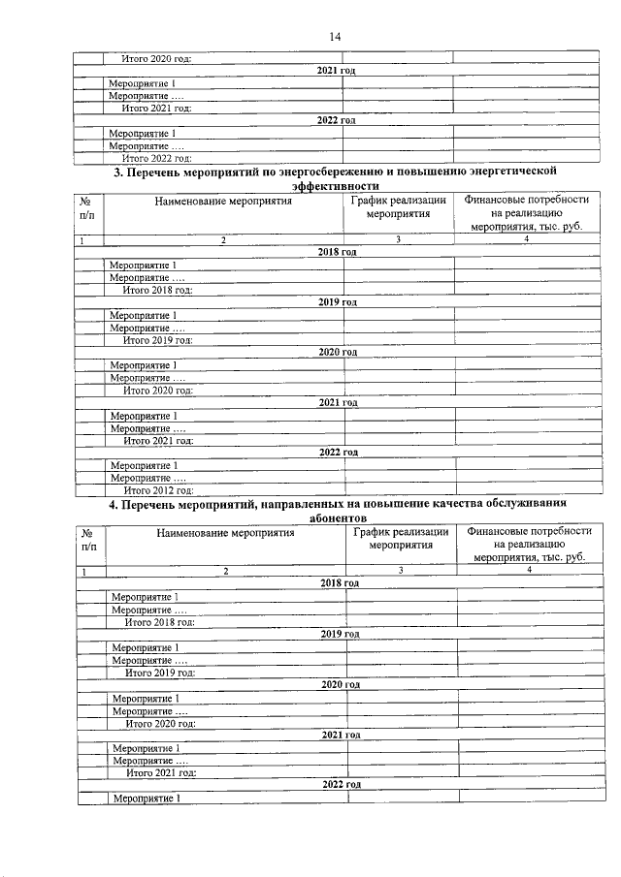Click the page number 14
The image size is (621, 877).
click(x=334, y=37)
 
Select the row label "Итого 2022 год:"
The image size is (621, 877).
click(x=156, y=158)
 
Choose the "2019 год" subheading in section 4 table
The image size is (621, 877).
click(x=340, y=634)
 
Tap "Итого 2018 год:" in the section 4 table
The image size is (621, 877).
click(x=160, y=622)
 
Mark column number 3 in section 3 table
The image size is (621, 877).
click(x=398, y=239)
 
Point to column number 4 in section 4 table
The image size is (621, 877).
click(x=529, y=572)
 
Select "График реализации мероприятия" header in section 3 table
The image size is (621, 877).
click(x=398, y=208)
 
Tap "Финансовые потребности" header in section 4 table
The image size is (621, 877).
click(x=529, y=532)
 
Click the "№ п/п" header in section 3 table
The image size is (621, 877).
click(x=87, y=208)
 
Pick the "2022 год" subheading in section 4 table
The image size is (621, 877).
click(x=342, y=785)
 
